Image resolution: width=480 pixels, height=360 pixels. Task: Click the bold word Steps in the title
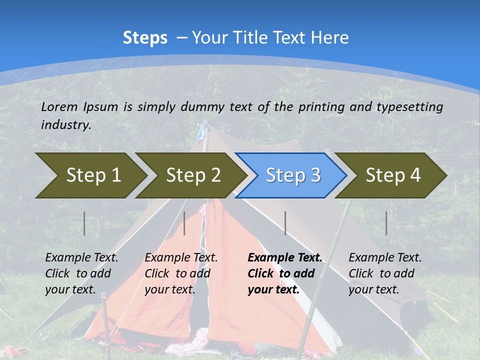[145, 37]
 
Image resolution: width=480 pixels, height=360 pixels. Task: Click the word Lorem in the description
[59, 106]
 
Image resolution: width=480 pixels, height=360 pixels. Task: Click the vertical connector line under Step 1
[84, 223]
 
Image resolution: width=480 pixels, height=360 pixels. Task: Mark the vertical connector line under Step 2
[184, 223]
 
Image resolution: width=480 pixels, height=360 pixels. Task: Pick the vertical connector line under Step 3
[285, 223]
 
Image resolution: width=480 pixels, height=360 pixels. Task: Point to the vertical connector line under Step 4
[386, 223]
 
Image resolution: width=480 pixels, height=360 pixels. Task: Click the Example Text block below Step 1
[81, 273]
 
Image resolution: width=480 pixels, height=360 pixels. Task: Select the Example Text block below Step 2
[181, 273]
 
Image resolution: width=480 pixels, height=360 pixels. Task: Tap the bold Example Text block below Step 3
[285, 273]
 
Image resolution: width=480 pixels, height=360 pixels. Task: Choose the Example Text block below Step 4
[385, 273]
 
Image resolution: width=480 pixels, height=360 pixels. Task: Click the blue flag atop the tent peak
[201, 131]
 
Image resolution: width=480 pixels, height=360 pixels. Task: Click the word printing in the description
[321, 106]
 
